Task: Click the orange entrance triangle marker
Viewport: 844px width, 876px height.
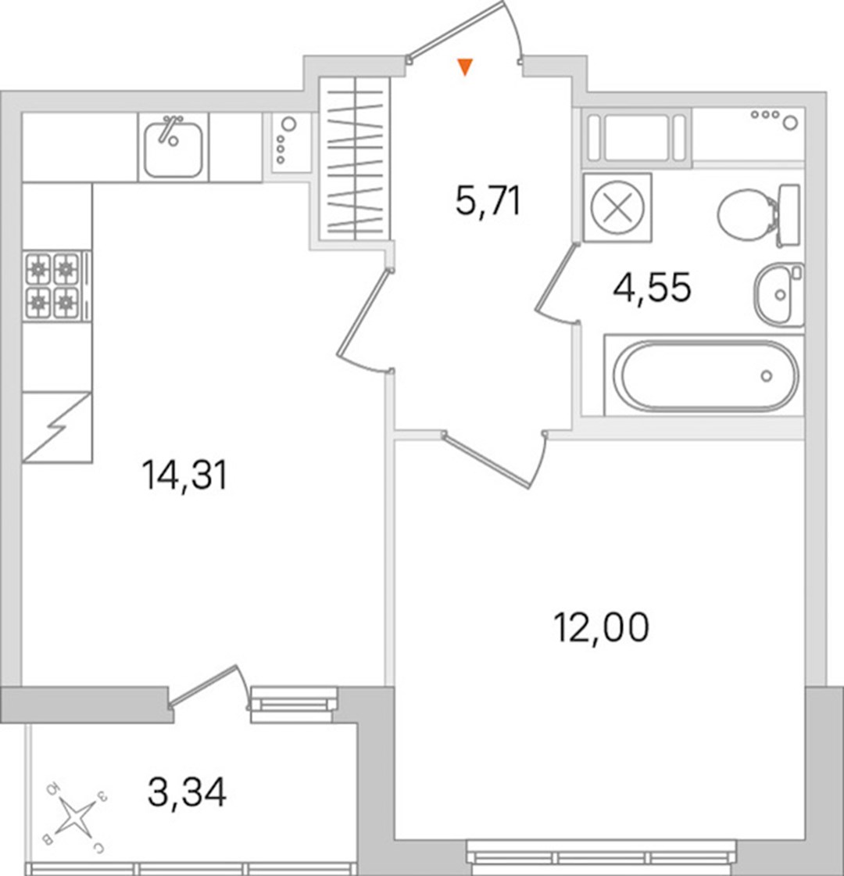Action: [x=465, y=66]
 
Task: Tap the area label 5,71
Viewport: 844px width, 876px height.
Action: [x=488, y=201]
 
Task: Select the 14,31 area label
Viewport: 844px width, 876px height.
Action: [x=184, y=475]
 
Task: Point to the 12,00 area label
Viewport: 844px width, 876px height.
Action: [x=601, y=626]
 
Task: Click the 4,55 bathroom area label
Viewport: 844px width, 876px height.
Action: [x=652, y=287]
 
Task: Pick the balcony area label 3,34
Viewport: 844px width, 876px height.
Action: [x=187, y=792]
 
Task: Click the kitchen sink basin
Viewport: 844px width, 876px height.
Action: [x=173, y=148]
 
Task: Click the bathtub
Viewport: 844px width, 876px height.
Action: [x=705, y=375]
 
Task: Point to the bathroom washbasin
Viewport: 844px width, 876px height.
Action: [x=778, y=294]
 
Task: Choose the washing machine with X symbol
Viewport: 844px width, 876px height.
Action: [x=617, y=207]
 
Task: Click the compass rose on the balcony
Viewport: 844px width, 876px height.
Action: [x=75, y=817]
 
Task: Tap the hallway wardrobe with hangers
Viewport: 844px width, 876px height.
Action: [x=355, y=159]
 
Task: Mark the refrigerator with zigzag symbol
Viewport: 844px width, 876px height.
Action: [x=56, y=427]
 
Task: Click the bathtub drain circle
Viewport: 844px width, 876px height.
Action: [x=767, y=375]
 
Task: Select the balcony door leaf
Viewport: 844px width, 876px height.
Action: [x=203, y=685]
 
